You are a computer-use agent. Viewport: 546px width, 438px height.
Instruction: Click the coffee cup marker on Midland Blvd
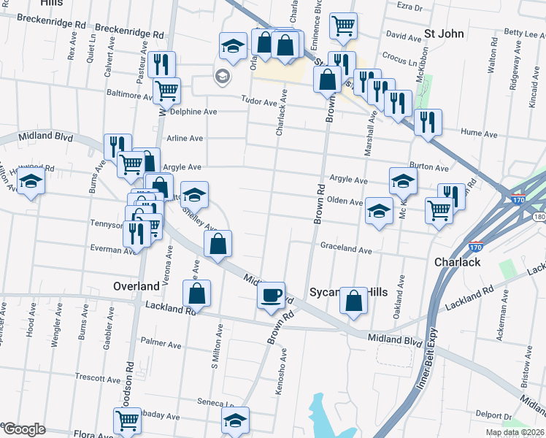pos(272,295)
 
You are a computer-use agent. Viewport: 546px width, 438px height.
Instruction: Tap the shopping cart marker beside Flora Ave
pos(127,420)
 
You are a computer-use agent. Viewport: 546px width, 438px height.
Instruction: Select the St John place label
pos(445,34)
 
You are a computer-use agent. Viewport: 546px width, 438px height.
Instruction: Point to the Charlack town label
pos(457,262)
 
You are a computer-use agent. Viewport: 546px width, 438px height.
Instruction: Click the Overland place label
pos(136,285)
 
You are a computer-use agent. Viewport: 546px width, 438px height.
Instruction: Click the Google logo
pos(23,429)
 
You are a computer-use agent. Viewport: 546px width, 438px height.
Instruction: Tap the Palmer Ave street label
pos(161,342)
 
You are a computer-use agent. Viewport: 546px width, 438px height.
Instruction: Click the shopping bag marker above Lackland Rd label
pos(196,293)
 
